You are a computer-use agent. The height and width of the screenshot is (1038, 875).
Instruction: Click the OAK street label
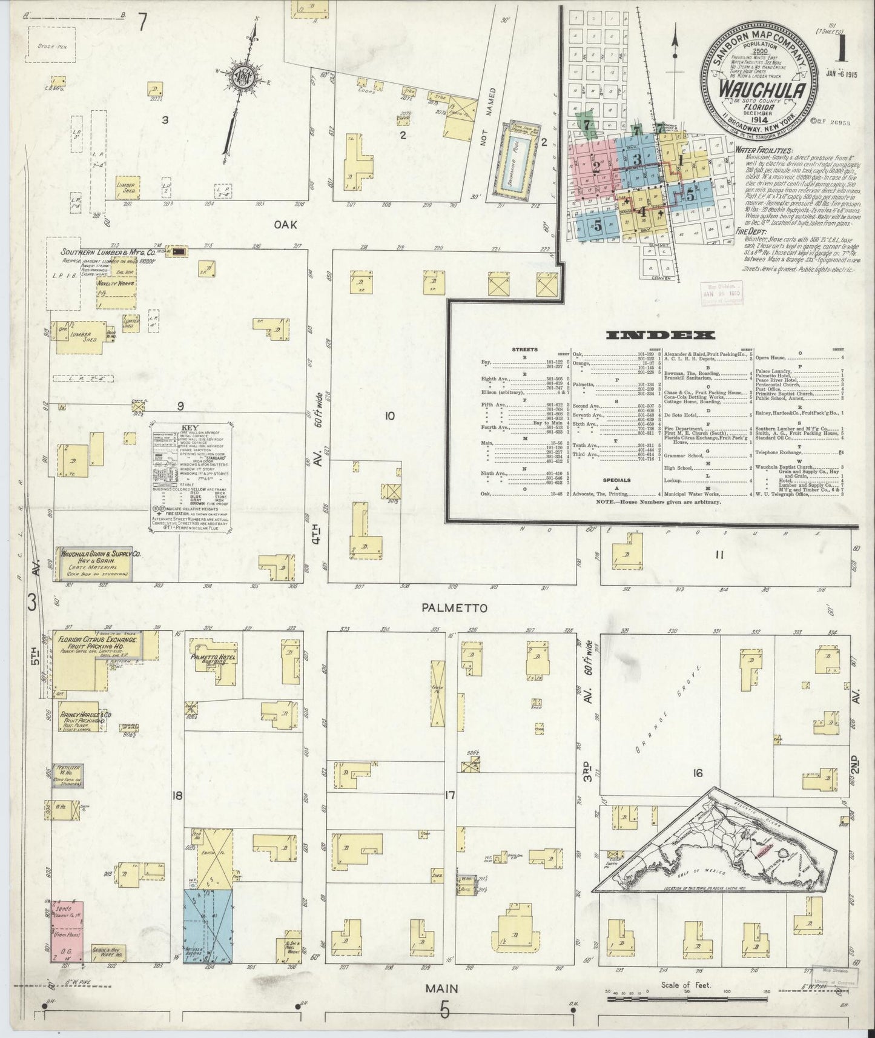[285, 225]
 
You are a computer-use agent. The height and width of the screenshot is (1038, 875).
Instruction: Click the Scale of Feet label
[685, 985]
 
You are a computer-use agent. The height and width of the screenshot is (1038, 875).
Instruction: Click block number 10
[389, 416]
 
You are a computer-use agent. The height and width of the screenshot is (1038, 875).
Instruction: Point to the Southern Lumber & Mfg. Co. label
[107, 253]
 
